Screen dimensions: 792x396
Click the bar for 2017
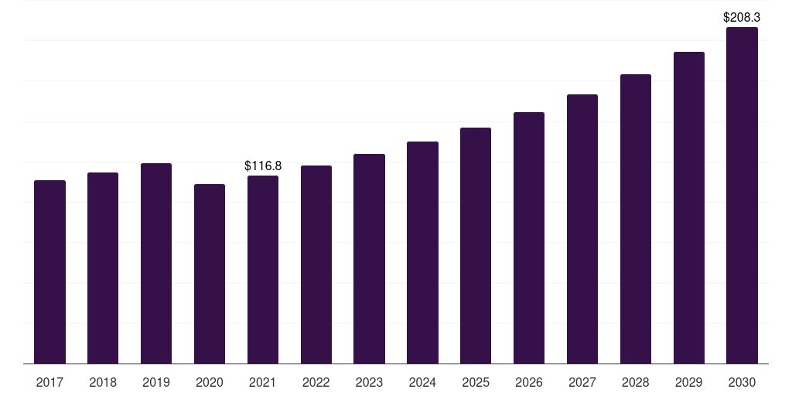pyautogui.click(x=49, y=271)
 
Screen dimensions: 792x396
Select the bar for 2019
pyautogui.click(x=156, y=263)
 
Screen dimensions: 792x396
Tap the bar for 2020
pyautogui.click(x=210, y=274)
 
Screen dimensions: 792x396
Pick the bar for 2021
pyautogui.click(x=263, y=270)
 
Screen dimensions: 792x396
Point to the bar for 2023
pyautogui.click(x=369, y=258)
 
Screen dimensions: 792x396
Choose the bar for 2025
pyautogui.click(x=476, y=245)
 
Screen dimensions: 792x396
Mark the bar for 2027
pyautogui.click(x=582, y=229)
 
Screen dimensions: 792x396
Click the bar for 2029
pyautogui.click(x=689, y=207)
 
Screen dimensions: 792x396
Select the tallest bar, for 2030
pyautogui.click(x=742, y=196)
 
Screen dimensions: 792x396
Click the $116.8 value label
pyautogui.click(x=263, y=166)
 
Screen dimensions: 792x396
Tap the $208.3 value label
pyautogui.click(x=742, y=17)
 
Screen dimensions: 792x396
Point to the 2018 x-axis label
pyautogui.click(x=103, y=382)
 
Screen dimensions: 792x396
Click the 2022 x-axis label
pyautogui.click(x=316, y=382)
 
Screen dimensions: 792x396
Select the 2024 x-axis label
pyautogui.click(x=422, y=382)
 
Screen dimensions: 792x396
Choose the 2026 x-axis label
pyautogui.click(x=529, y=382)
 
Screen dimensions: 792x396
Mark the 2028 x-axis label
pyautogui.click(x=636, y=382)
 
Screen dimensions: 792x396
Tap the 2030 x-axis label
pyautogui.click(x=742, y=382)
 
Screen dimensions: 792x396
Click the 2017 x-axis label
pyautogui.click(x=49, y=382)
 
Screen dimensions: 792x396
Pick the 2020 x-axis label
pyautogui.click(x=210, y=382)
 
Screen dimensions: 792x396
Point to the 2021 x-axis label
pyautogui.click(x=263, y=382)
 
